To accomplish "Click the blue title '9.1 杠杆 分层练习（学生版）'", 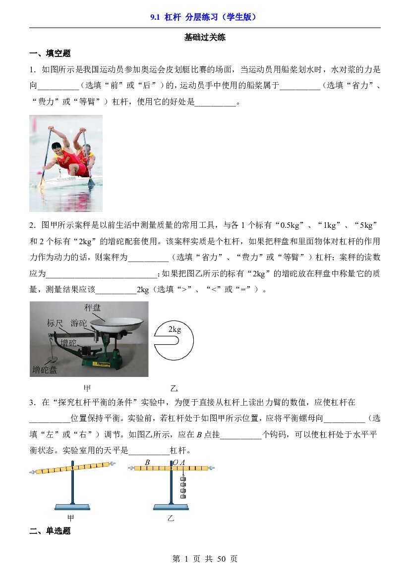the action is pyautogui.click(x=203, y=17).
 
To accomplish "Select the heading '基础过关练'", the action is pyautogui.click(x=205, y=37).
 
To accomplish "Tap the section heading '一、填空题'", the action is pyautogui.click(x=50, y=53).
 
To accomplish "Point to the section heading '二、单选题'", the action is pyautogui.click(x=50, y=531).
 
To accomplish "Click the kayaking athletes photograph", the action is pyautogui.click(x=66, y=163).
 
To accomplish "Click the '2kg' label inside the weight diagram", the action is pyautogui.click(x=175, y=329).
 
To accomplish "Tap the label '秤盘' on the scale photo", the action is pyautogui.click(x=92, y=308).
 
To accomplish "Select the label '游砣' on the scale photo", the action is pyautogui.click(x=79, y=323).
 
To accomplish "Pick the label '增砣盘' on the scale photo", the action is pyautogui.click(x=45, y=369).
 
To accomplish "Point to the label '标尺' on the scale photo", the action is pyautogui.click(x=55, y=323).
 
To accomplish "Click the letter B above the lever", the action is pyautogui.click(x=147, y=462).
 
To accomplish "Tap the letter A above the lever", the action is pyautogui.click(x=182, y=462).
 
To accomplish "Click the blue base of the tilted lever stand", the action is pyautogui.click(x=72, y=507).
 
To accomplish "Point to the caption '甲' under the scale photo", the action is pyautogui.click(x=87, y=388).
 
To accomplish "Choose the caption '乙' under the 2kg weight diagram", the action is pyautogui.click(x=174, y=388).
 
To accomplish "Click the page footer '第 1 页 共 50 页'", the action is pyautogui.click(x=205, y=559).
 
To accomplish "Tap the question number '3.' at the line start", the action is pyautogui.click(x=33, y=403).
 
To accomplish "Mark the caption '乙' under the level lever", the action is pyautogui.click(x=171, y=518).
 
